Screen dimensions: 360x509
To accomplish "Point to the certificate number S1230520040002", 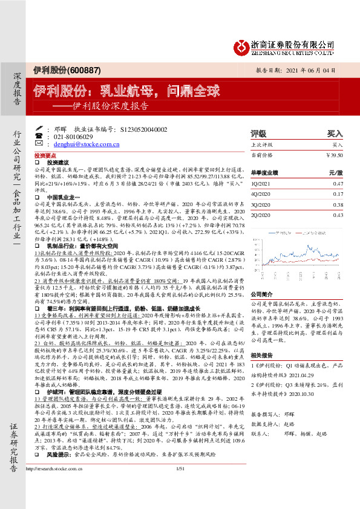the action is click(141, 129).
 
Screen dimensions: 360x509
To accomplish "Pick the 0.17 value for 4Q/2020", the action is click(338, 194).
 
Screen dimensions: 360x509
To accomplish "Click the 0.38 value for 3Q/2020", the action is click(338, 204).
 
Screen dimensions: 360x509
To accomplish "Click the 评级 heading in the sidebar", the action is click(258, 133).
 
